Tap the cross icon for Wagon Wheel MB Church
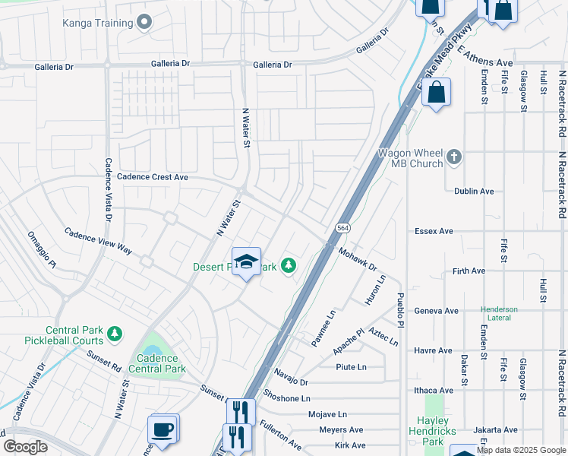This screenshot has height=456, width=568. point(454,157)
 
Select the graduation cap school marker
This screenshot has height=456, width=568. point(245,263)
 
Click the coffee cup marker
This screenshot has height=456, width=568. point(163,429)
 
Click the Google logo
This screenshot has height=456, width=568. point(25,447)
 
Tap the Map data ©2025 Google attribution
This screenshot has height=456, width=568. point(521,450)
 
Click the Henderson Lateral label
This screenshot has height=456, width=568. point(499,314)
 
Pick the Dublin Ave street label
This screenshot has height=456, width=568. point(474,192)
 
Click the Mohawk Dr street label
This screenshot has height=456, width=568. point(358,260)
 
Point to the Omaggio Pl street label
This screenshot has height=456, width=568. point(42,249)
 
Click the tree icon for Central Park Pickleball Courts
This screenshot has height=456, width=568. point(115,334)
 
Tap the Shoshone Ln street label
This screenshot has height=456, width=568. point(287,398)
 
